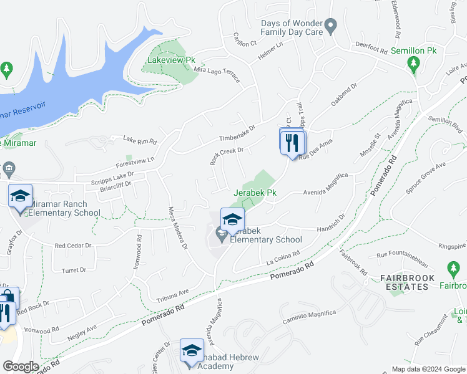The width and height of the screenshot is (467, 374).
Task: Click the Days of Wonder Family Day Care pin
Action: [x=332, y=26]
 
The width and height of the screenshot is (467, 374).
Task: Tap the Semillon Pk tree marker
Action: [x=413, y=62]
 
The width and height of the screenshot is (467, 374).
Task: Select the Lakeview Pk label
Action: [x=171, y=60]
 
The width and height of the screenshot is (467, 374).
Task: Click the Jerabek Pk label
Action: [x=255, y=193]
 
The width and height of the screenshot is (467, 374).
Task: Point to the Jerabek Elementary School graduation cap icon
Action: [x=232, y=219]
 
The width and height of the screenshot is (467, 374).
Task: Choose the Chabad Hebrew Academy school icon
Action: [x=192, y=350]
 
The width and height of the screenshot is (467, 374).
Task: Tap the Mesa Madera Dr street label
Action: [x=177, y=228]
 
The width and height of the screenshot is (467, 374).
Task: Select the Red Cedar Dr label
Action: [x=73, y=246]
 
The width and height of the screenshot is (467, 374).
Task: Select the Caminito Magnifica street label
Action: [x=309, y=317]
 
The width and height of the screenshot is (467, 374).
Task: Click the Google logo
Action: [x=20, y=367]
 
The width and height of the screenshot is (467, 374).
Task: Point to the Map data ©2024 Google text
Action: [x=428, y=369]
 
